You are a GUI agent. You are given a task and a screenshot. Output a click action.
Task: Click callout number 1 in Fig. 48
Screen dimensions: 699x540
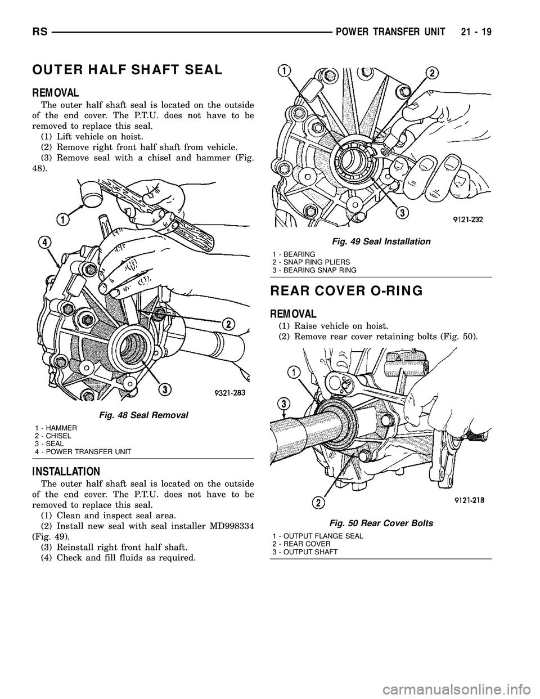point(62,217)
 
